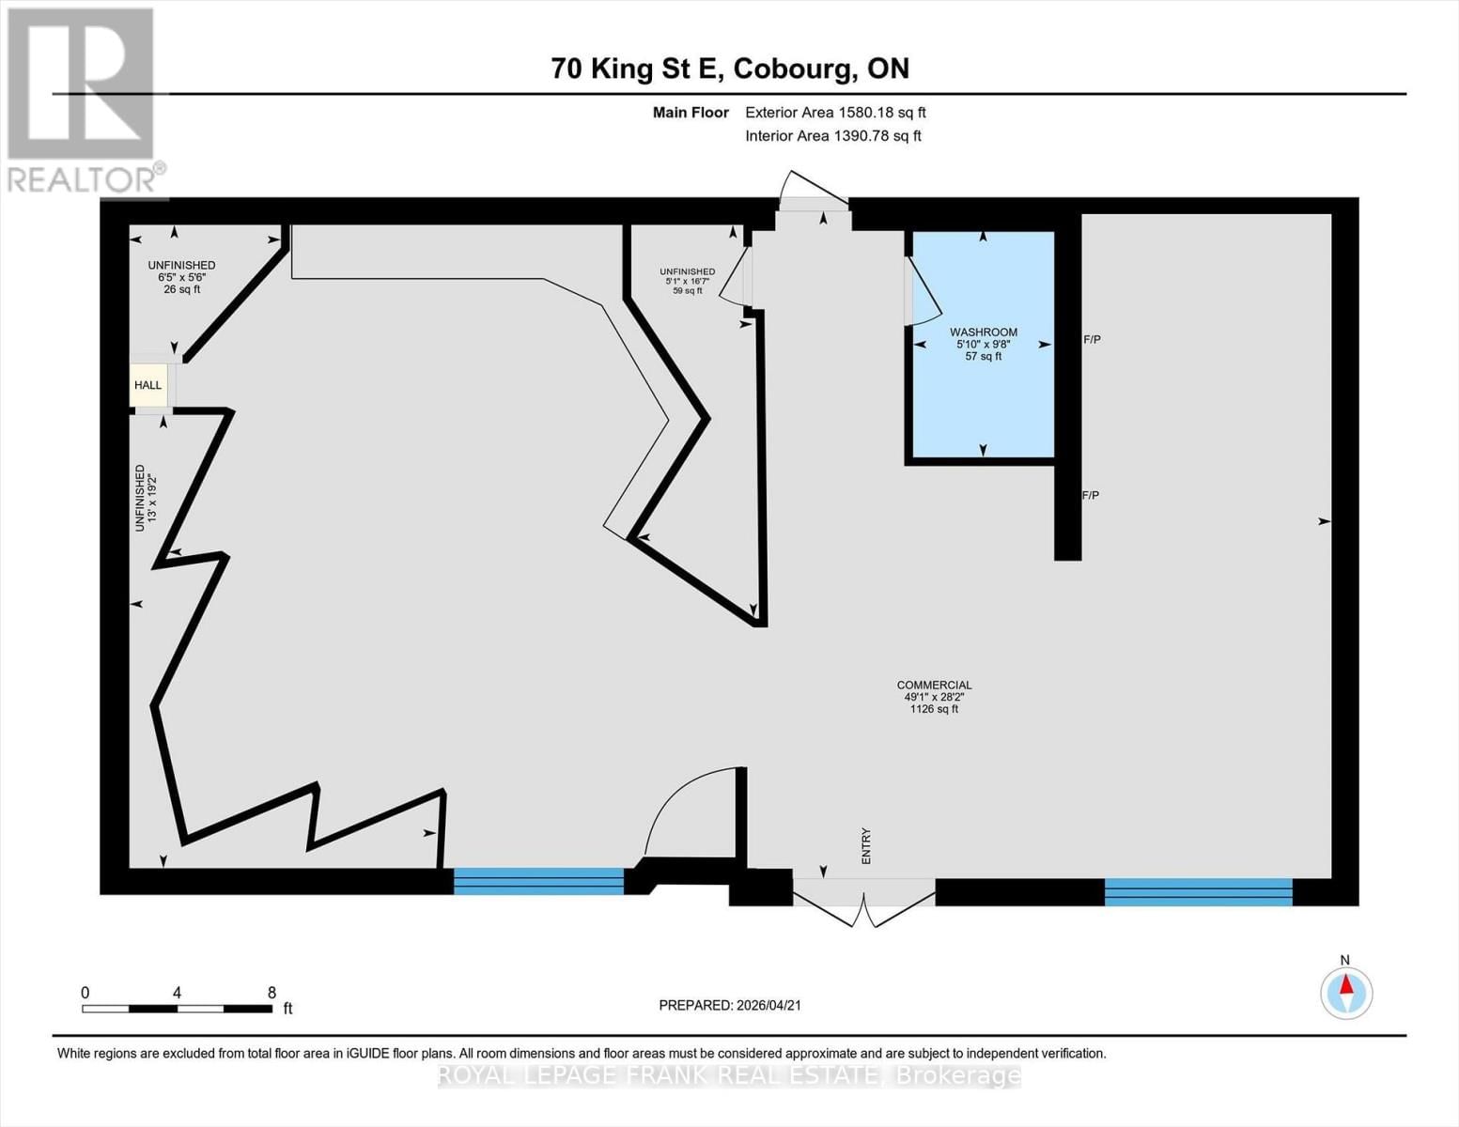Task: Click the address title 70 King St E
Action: pyautogui.click(x=730, y=69)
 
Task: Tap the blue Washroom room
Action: pyautogui.click(x=983, y=394)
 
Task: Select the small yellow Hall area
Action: pyautogui.click(x=147, y=385)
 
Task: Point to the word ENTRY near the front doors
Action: pyautogui.click(x=866, y=845)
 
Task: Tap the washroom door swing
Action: pyautogui.click(x=923, y=293)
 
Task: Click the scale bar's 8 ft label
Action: pyautogui.click(x=272, y=993)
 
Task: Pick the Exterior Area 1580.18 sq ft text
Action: pyautogui.click(x=835, y=112)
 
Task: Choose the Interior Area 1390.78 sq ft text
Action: pyautogui.click(x=832, y=135)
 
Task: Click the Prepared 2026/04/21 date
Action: pyautogui.click(x=730, y=1005)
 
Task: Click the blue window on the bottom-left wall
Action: pyautogui.click(x=538, y=881)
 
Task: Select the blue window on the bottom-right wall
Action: pyautogui.click(x=1198, y=891)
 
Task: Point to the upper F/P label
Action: pyautogui.click(x=1092, y=339)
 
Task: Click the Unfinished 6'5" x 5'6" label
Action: pyautogui.click(x=181, y=277)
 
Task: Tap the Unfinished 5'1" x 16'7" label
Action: pyautogui.click(x=687, y=281)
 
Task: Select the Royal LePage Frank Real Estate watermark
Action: pyautogui.click(x=730, y=1075)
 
